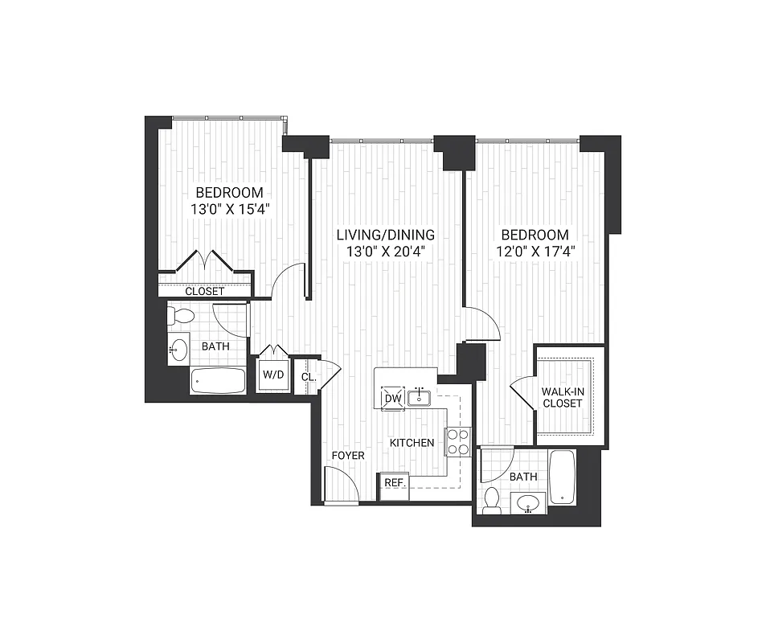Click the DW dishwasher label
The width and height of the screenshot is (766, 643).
coord(392,399)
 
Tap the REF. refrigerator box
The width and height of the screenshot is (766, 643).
coord(394,483)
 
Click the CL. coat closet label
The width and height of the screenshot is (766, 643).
coord(307,376)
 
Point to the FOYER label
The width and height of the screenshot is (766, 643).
coord(348,456)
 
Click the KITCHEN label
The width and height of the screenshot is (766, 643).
coord(412,443)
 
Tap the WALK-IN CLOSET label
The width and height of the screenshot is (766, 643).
coord(562,397)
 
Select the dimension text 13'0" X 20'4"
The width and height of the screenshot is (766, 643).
coord(385,251)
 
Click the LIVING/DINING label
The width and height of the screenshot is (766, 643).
coord(385,235)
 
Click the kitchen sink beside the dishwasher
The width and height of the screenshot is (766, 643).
coord(418,397)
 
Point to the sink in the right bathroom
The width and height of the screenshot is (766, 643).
coord(527,504)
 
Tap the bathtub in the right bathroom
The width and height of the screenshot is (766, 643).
coord(563,477)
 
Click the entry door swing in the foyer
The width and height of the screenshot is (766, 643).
coord(338,485)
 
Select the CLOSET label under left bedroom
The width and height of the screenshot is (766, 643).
coord(204,291)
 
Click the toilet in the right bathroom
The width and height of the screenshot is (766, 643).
coord(492,499)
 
